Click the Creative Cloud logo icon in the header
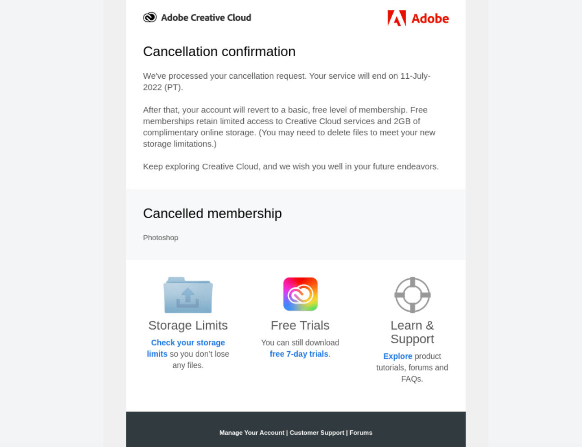click(150, 18)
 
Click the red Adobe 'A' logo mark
click(396, 18)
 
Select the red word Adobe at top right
click(430, 18)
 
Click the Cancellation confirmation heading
click(219, 52)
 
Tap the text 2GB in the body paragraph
click(402, 121)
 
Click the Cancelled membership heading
click(212, 214)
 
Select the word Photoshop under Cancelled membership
click(161, 237)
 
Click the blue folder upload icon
click(188, 295)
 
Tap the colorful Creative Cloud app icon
click(300, 294)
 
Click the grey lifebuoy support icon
click(412, 295)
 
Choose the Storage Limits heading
click(188, 325)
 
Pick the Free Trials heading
click(300, 325)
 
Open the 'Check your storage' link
click(188, 343)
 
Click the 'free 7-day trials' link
click(299, 354)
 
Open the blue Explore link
click(398, 356)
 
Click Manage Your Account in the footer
click(252, 433)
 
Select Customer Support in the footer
click(317, 433)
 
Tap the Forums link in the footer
click(361, 433)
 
